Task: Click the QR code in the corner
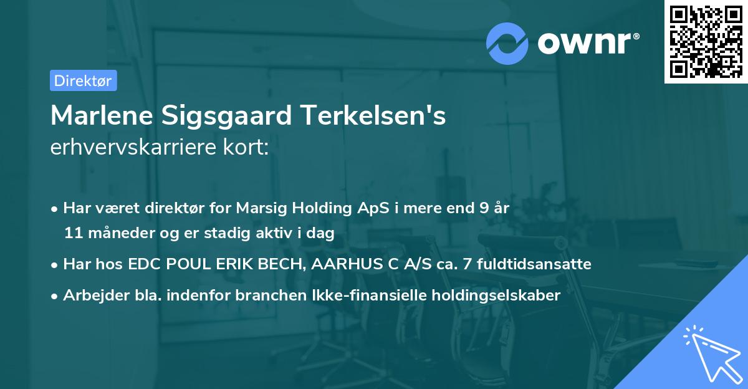706,41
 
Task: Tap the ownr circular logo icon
507,44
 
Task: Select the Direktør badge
83,80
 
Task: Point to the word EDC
143,264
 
